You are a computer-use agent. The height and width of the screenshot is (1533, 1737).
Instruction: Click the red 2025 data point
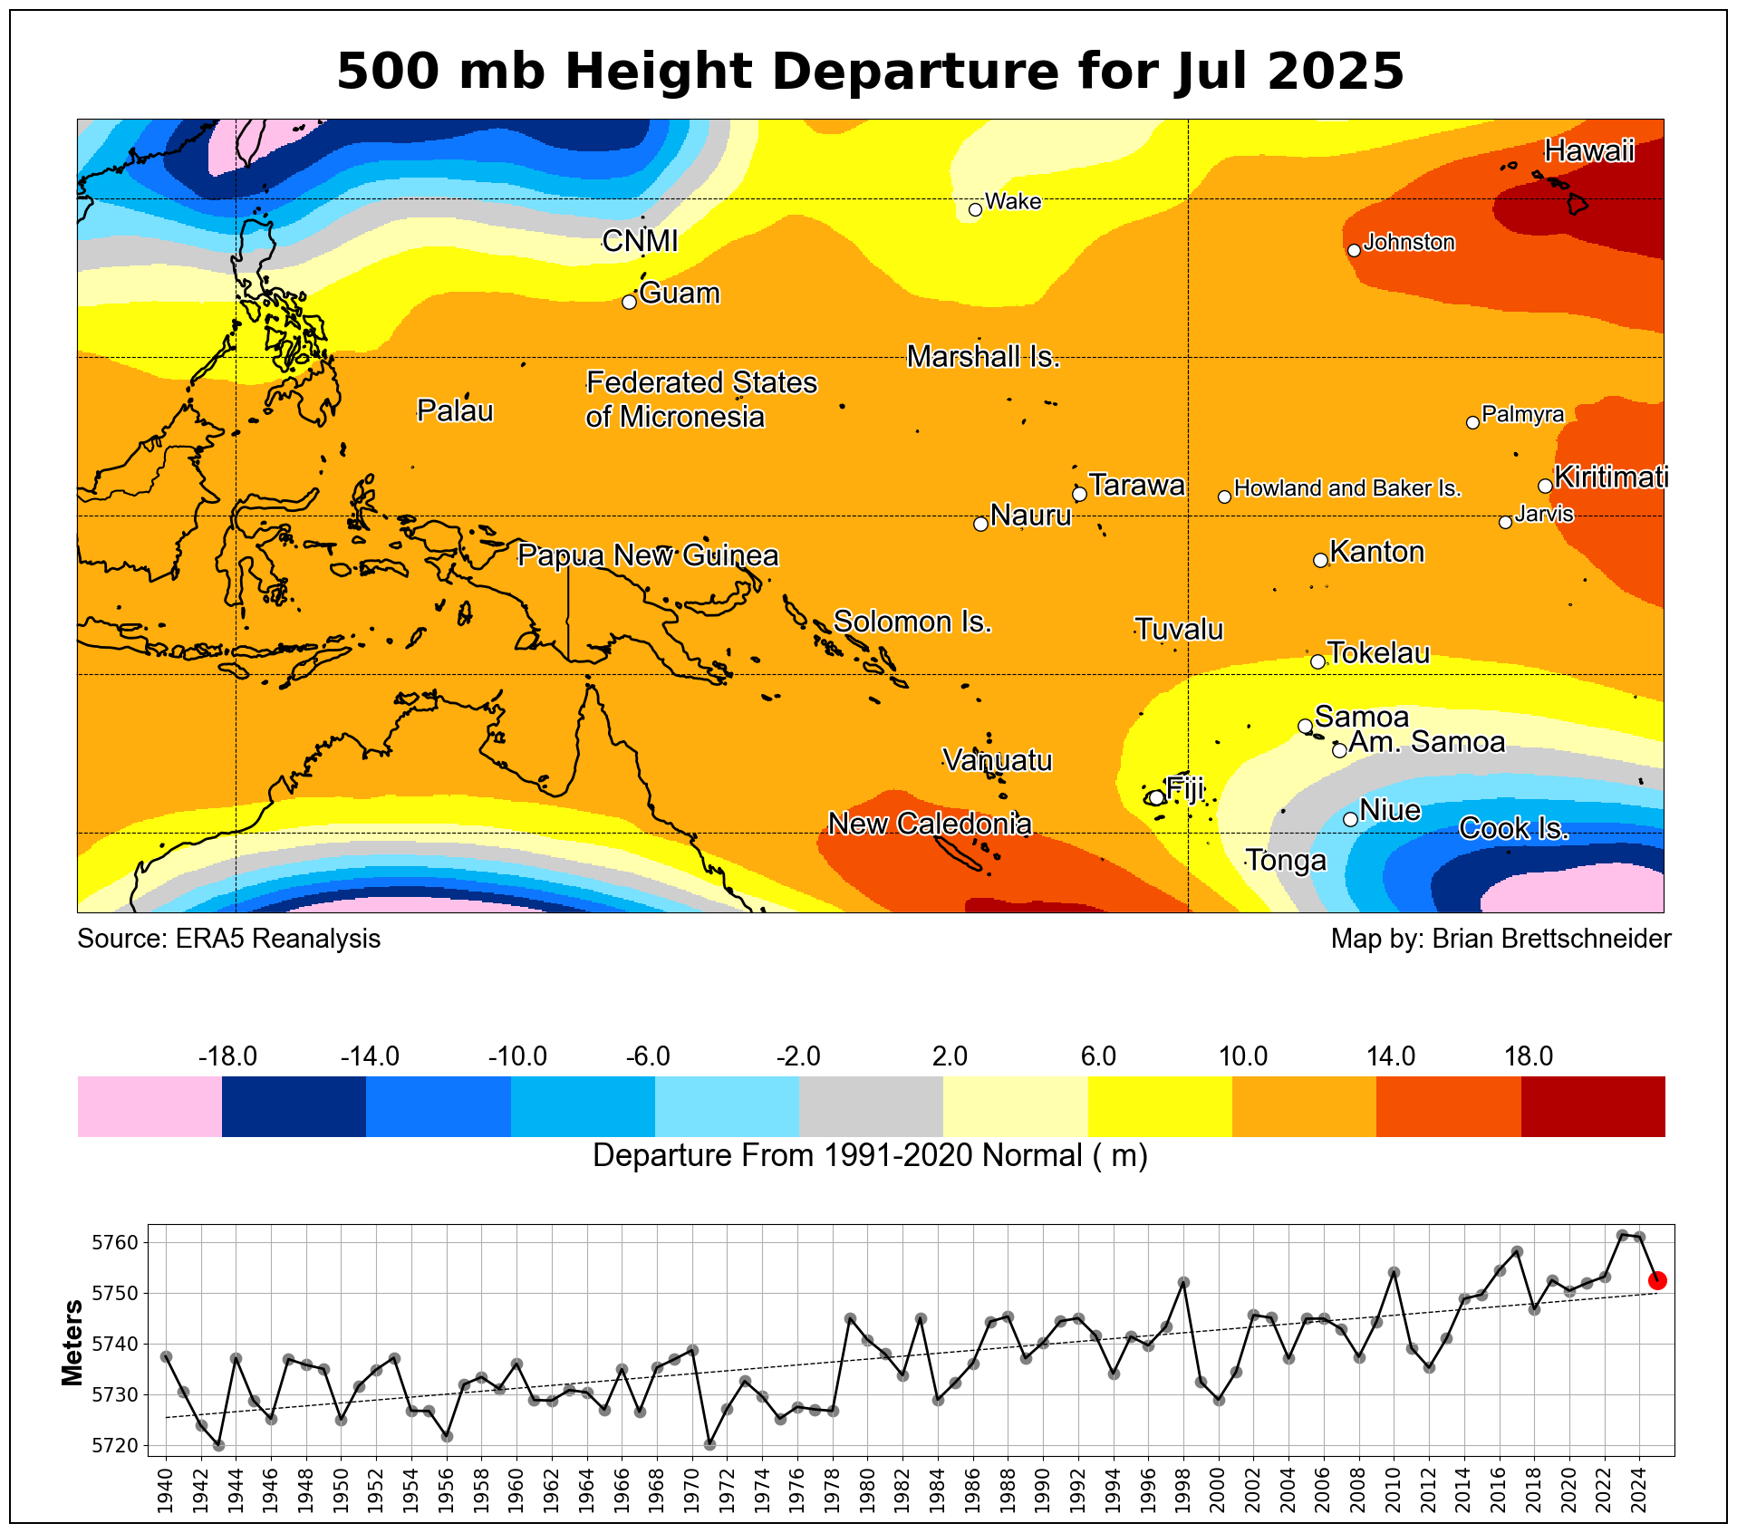[x=1657, y=1280]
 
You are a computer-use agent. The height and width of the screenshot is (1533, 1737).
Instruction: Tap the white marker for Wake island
[x=975, y=209]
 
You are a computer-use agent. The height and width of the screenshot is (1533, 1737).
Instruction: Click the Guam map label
[x=680, y=294]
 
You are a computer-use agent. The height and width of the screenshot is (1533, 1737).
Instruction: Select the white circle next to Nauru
[x=980, y=524]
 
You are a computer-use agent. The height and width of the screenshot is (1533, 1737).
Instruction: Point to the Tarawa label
[x=1137, y=486]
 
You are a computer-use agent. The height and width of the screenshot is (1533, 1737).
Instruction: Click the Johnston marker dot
[x=1354, y=250]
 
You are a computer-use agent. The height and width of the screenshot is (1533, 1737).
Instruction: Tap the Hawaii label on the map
[x=1589, y=150]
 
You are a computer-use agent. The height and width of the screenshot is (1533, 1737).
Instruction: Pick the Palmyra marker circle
[x=1472, y=422]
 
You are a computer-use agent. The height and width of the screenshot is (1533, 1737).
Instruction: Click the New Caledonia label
[x=930, y=824]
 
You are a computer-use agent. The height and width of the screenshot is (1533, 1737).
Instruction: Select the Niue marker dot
[x=1350, y=819]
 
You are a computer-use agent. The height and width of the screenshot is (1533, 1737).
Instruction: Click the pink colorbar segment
[x=150, y=1106]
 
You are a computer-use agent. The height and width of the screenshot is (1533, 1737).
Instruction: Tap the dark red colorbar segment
[x=1593, y=1106]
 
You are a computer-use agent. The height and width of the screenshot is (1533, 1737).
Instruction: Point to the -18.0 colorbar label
[x=227, y=1056]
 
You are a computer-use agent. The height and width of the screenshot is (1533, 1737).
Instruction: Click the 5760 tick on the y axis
[x=115, y=1242]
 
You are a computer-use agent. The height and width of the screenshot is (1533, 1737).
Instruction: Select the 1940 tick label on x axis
[x=165, y=1493]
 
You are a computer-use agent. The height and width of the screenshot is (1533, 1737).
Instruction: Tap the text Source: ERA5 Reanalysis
[x=228, y=939]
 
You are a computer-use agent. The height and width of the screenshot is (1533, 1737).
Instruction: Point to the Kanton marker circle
[x=1320, y=560]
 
